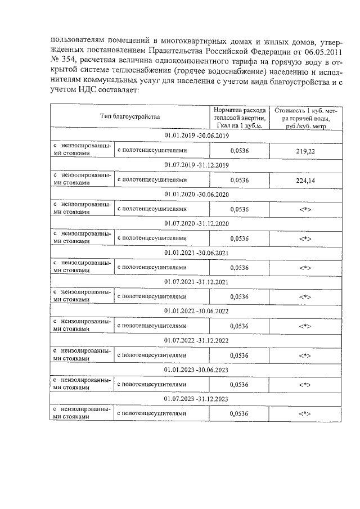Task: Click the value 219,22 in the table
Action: pyautogui.click(x=305, y=152)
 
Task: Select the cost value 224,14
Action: pyautogui.click(x=305, y=181)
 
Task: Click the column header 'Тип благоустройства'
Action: pyautogui.click(x=130, y=116)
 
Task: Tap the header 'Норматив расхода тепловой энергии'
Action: pyautogui.click(x=239, y=116)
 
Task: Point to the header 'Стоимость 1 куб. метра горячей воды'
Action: pyautogui.click(x=305, y=116)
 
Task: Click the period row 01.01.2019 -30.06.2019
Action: pyautogui.click(x=196, y=136)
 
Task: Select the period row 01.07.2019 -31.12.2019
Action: pyautogui.click(x=196, y=165)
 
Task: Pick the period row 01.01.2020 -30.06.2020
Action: pyautogui.click(x=196, y=194)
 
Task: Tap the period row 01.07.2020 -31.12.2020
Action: pyautogui.click(x=196, y=224)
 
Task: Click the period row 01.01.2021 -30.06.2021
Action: pyautogui.click(x=196, y=253)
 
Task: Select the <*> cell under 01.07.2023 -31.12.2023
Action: pyautogui.click(x=305, y=413)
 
